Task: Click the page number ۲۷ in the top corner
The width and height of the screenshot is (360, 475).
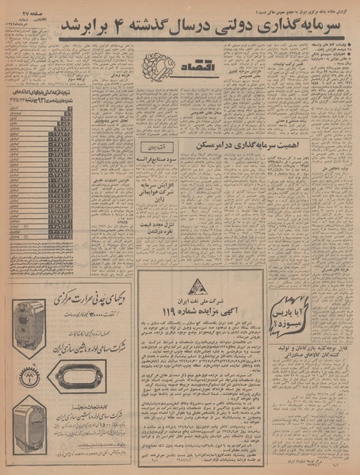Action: (25, 6)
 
